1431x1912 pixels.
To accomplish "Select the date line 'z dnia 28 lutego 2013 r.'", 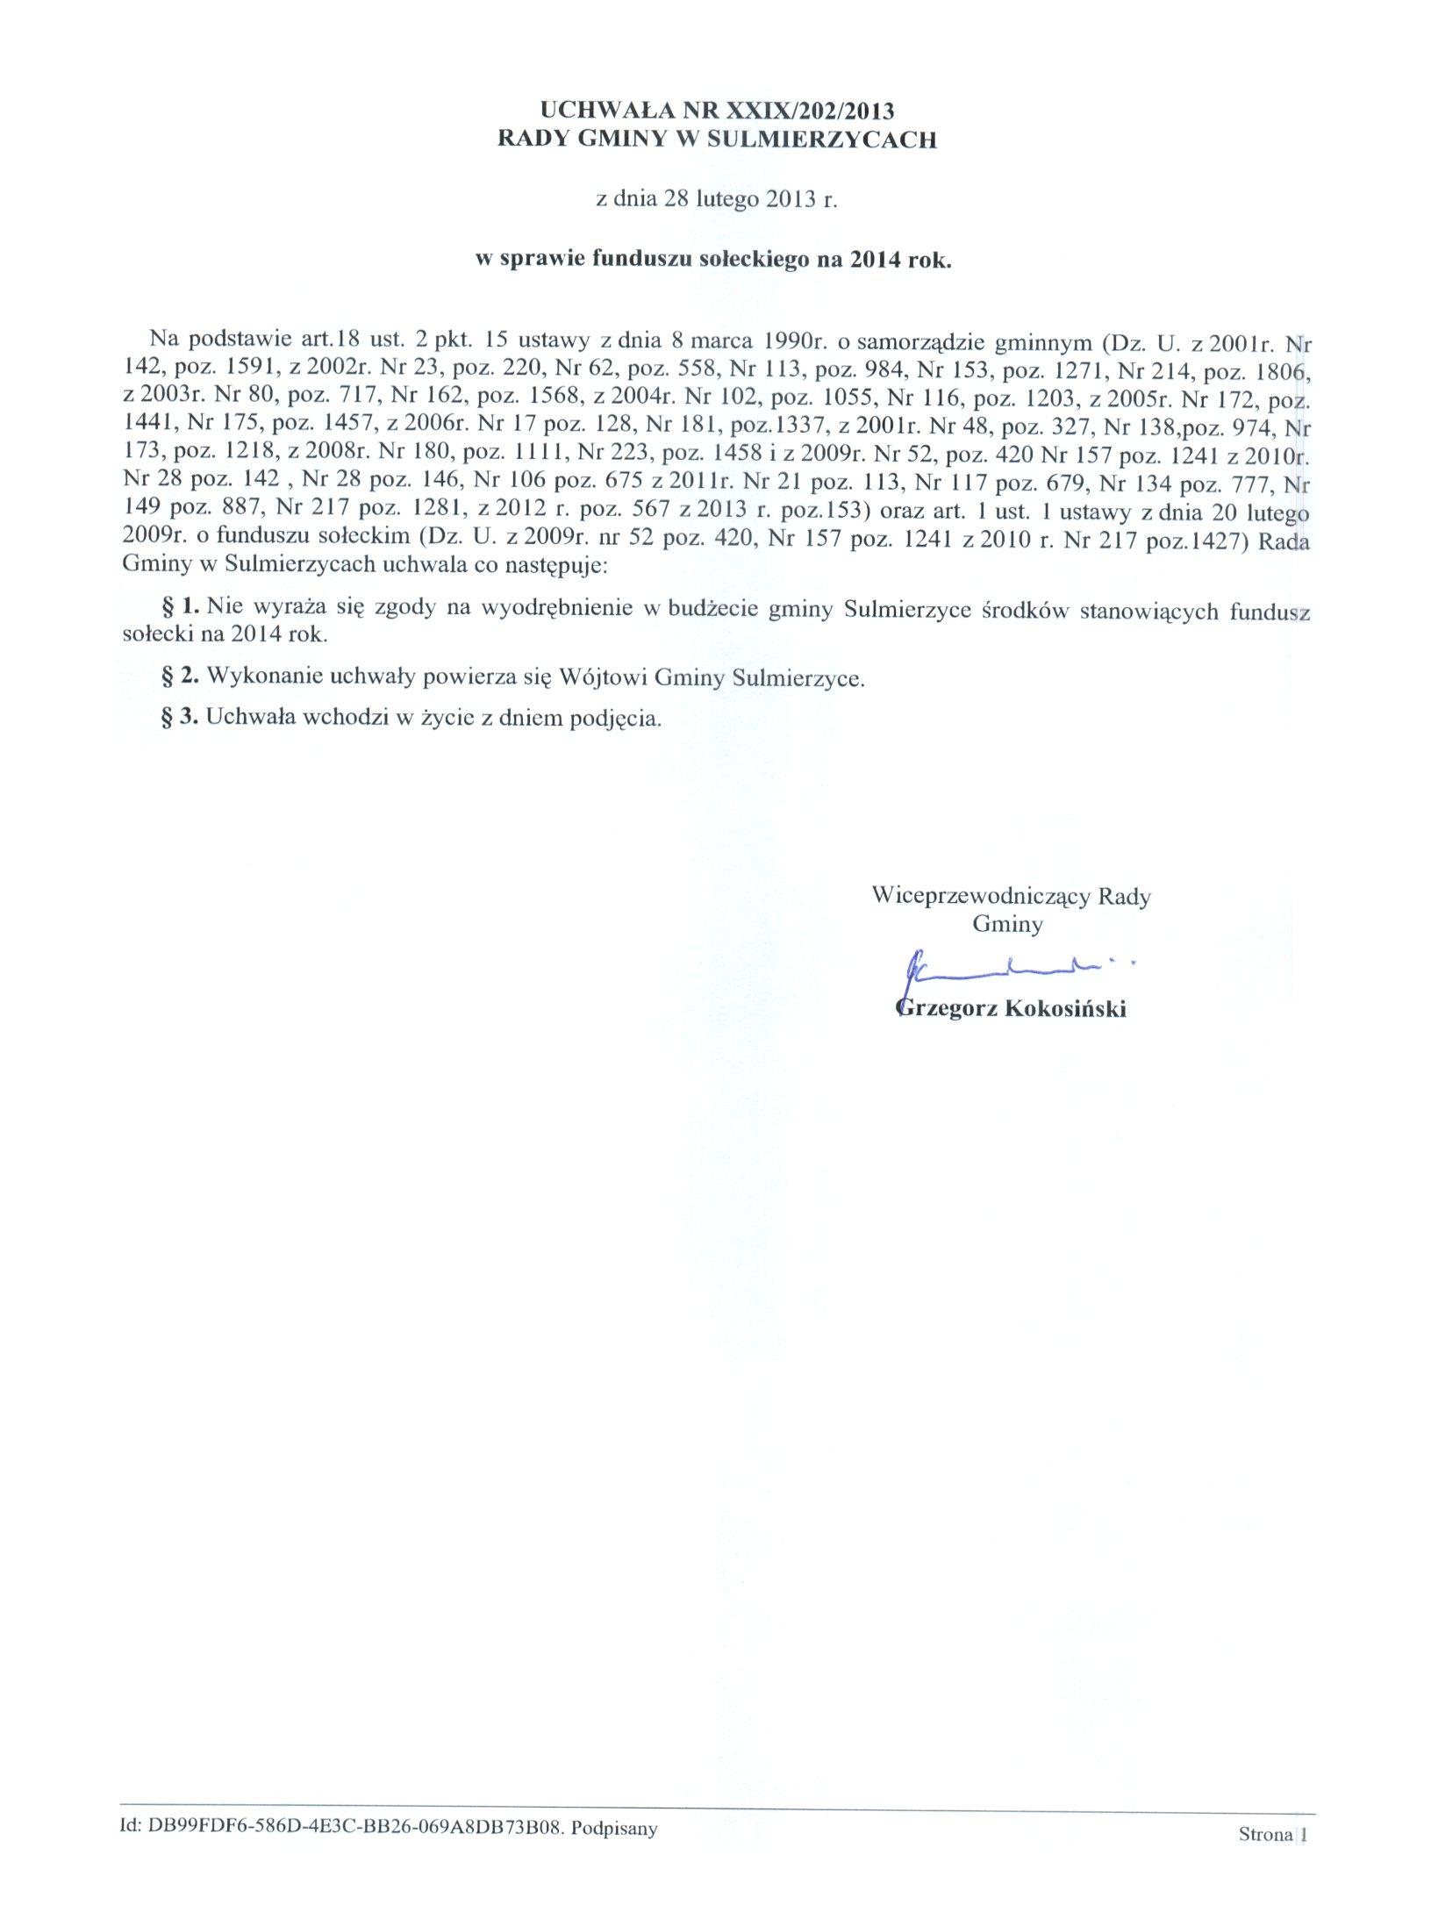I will [717, 199].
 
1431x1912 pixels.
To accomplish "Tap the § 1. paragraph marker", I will [182, 606].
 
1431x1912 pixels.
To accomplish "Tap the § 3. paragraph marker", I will [182, 717].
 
